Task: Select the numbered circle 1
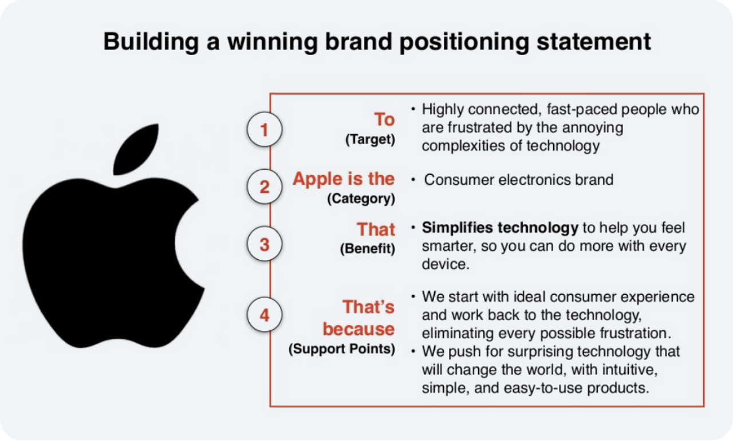click(x=265, y=130)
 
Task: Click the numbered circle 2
click(x=265, y=187)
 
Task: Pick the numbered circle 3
click(x=265, y=244)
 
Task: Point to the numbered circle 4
click(x=265, y=315)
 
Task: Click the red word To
click(x=384, y=119)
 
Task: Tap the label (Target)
click(x=370, y=139)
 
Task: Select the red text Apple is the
click(x=344, y=179)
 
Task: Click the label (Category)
click(x=361, y=198)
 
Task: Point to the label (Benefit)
click(x=368, y=249)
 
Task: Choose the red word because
click(x=358, y=329)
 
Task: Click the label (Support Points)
click(x=342, y=349)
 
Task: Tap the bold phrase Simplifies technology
click(x=500, y=228)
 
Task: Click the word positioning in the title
click(x=464, y=42)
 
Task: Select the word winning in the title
click(x=272, y=42)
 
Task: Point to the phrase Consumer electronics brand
click(x=519, y=179)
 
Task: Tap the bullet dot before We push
click(x=413, y=351)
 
